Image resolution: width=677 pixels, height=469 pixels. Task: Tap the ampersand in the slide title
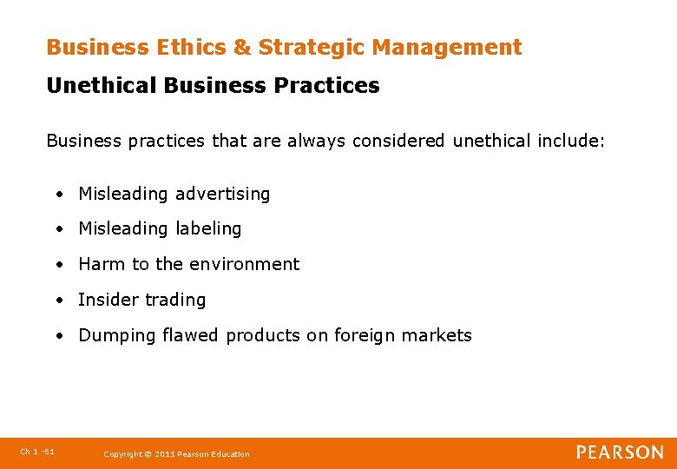241,48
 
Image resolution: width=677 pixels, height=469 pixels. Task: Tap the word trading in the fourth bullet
175,301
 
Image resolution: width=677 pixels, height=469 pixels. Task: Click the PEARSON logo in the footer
620,452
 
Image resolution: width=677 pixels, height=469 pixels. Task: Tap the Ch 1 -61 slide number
37,452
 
